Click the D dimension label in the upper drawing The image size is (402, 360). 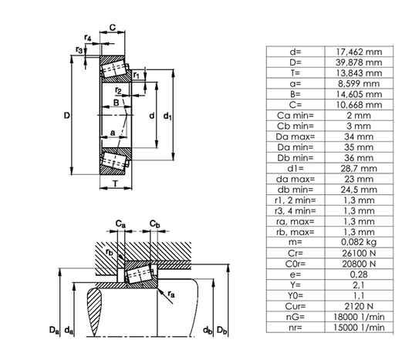(x=66, y=116)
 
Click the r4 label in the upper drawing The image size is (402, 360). (x=89, y=38)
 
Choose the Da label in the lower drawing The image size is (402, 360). (x=52, y=331)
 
